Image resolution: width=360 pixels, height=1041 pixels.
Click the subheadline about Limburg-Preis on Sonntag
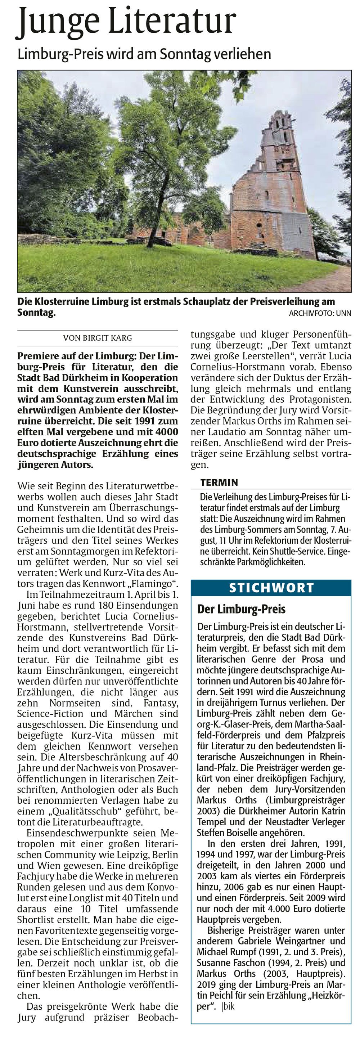[144, 54]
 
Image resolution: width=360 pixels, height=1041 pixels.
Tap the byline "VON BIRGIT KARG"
[97, 338]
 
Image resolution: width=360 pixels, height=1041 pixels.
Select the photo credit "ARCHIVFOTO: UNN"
[320, 313]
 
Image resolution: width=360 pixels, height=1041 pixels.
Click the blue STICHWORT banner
[271, 588]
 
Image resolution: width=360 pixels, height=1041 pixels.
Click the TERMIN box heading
[219, 482]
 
